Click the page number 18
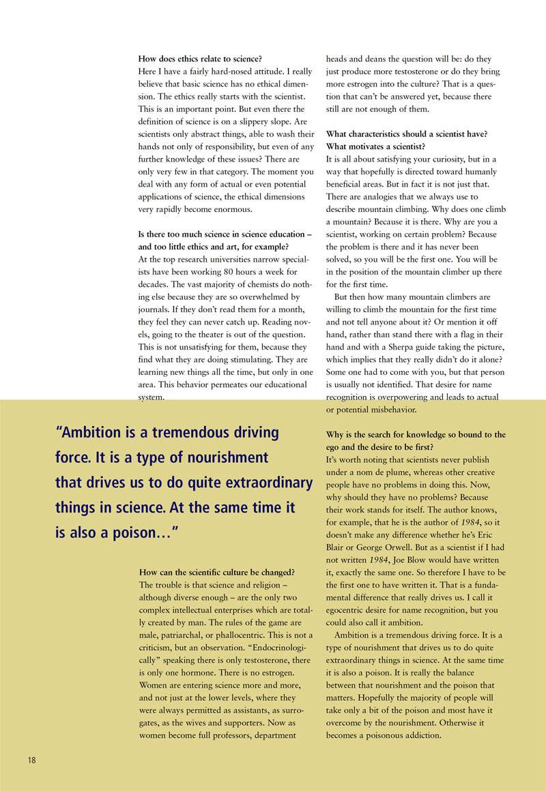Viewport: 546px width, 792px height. tap(31, 760)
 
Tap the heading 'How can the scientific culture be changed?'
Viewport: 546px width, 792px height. tap(217, 572)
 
